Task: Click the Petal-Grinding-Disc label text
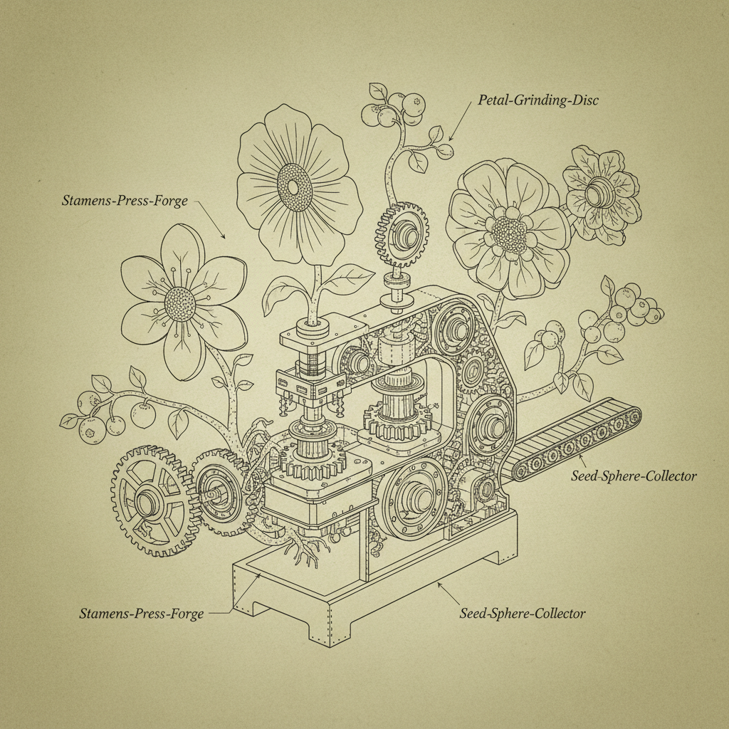537,100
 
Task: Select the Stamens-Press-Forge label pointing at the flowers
125,201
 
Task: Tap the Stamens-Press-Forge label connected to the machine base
141,613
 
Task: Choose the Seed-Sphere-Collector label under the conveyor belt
634,476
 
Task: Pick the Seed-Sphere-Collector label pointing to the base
523,612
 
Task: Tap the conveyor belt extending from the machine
577,440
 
